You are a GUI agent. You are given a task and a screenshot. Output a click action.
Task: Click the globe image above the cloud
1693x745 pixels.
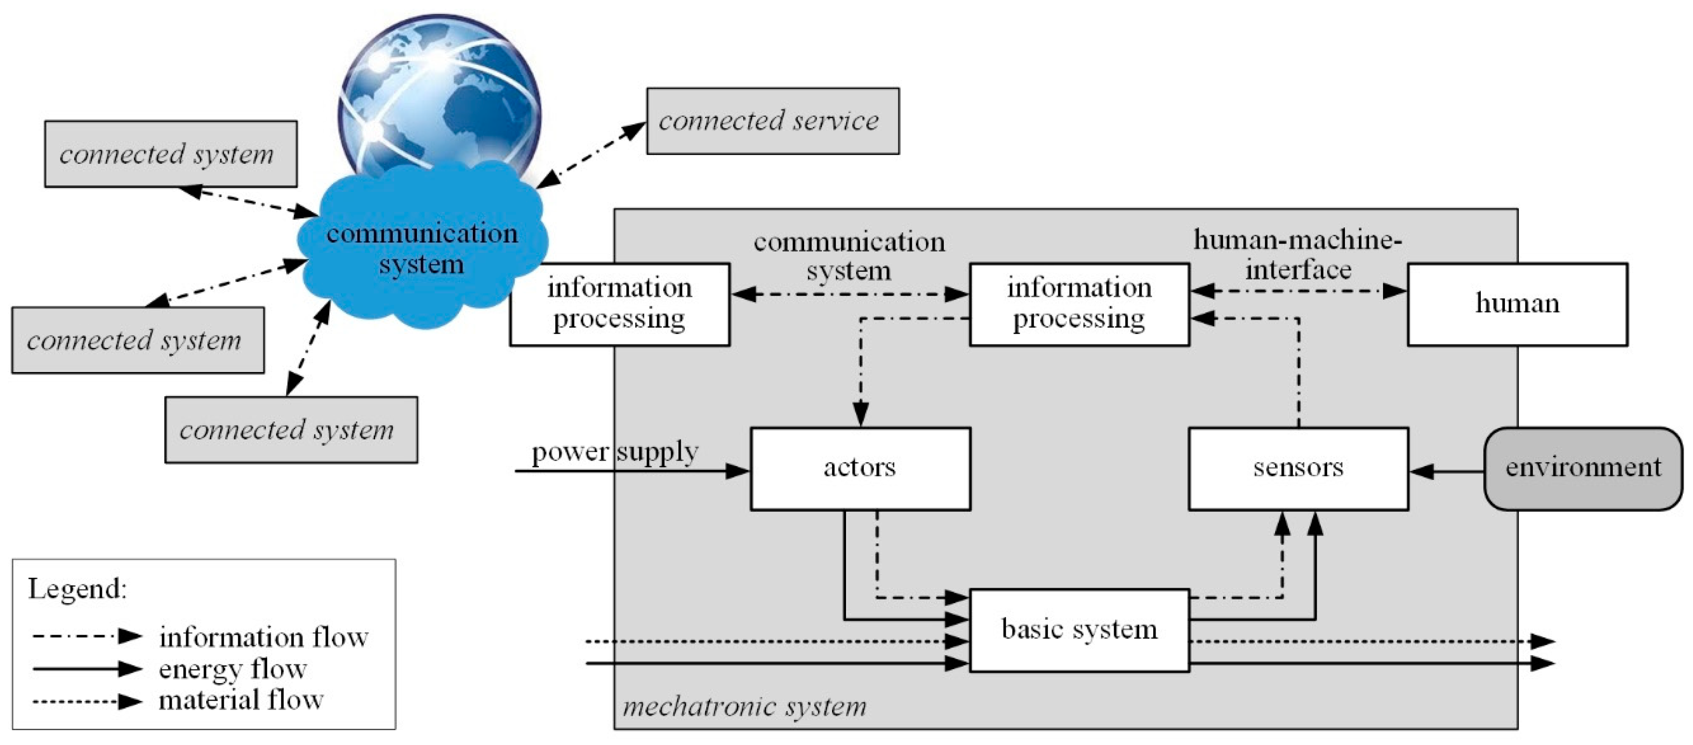click(x=439, y=92)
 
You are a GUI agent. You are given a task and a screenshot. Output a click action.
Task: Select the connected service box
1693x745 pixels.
click(x=772, y=121)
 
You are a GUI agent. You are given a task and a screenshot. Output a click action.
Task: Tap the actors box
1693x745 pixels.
click(x=860, y=468)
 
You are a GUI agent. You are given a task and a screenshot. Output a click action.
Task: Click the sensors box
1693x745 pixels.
click(x=1297, y=468)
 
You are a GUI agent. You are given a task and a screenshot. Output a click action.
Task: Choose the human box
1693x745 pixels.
click(x=1517, y=304)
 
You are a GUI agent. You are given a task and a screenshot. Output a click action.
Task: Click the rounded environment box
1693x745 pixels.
click(x=1583, y=468)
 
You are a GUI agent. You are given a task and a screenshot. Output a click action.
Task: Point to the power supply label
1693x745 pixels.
click(x=614, y=453)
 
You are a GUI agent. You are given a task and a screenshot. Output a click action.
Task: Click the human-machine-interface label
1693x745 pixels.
click(x=1297, y=255)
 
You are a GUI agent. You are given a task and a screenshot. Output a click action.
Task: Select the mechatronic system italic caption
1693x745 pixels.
click(x=744, y=707)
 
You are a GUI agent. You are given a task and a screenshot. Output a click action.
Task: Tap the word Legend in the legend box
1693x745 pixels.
click(x=77, y=589)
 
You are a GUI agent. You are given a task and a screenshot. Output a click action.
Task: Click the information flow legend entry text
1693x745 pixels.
click(x=263, y=637)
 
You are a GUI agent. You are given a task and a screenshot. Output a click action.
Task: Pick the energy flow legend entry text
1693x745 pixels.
click(x=233, y=670)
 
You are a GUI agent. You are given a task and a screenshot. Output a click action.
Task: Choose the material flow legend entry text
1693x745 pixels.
click(x=241, y=700)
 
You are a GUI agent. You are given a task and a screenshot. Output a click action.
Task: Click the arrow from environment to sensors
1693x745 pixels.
click(x=1446, y=471)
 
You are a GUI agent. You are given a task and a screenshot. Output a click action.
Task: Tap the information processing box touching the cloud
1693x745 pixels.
click(x=619, y=304)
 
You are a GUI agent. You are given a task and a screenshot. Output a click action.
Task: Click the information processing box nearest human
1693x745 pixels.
click(x=1079, y=304)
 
